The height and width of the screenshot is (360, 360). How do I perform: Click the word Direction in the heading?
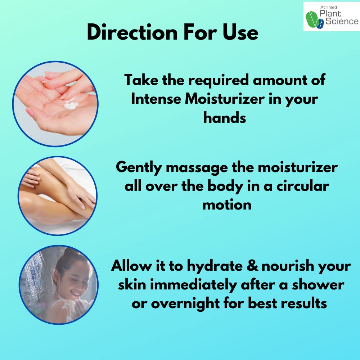132,32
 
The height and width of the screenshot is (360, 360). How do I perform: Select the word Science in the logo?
342,21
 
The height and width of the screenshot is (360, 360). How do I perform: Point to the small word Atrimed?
328,7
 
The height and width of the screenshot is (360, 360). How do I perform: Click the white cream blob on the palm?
71,104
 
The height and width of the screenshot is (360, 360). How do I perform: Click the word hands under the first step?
225,118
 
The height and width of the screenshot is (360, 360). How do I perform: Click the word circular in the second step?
303,186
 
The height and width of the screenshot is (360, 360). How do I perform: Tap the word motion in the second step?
227,205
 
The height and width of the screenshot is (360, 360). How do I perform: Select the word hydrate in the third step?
215,266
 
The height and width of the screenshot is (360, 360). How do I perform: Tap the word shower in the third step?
318,285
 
